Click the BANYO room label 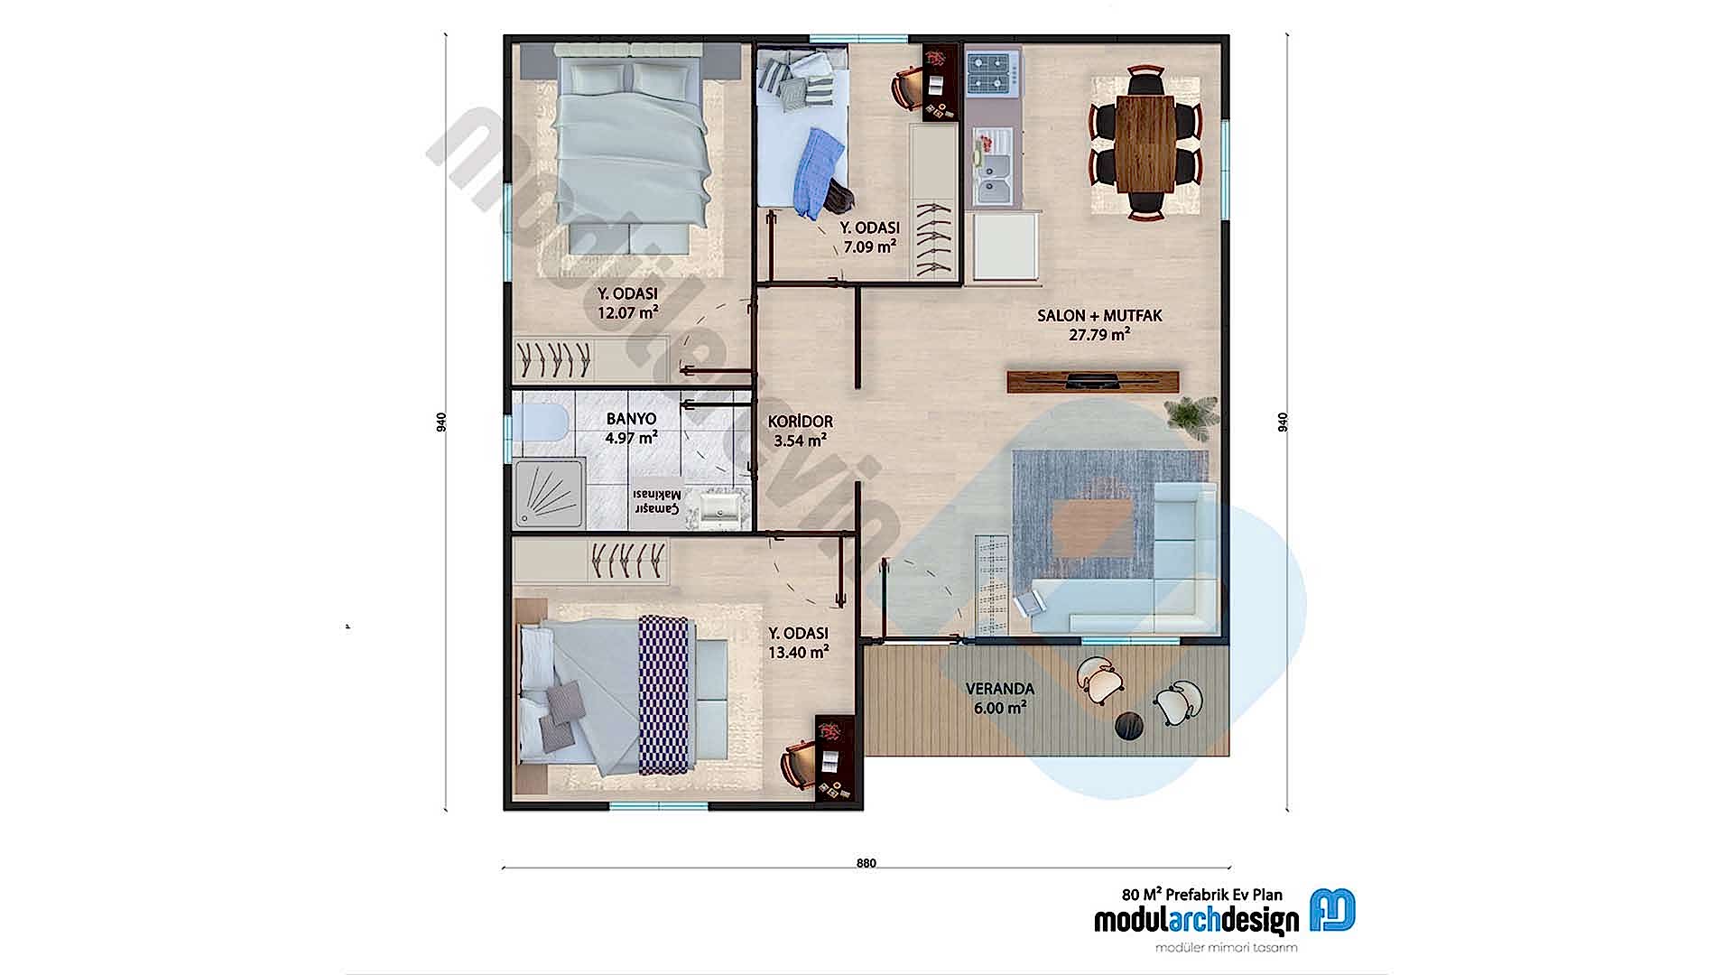click(x=631, y=420)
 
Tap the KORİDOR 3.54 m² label click(x=800, y=432)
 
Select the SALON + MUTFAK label click(x=1098, y=316)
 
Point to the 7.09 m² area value click(x=869, y=246)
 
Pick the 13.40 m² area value click(x=798, y=652)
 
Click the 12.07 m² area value click(x=626, y=313)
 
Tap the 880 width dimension click(x=866, y=863)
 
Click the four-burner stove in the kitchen click(x=992, y=73)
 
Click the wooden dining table click(x=1145, y=143)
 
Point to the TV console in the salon click(x=1093, y=381)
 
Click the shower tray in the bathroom click(x=549, y=494)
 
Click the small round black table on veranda click(x=1129, y=724)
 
